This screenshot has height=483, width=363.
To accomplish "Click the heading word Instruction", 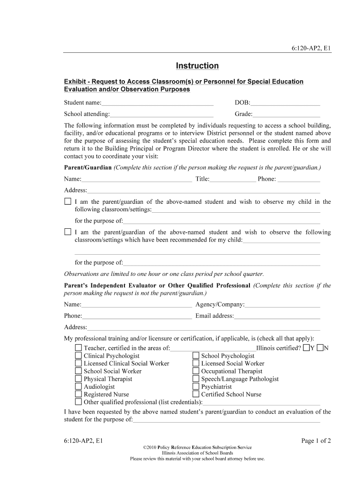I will click(197, 66).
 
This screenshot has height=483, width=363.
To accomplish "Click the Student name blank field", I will click(157, 103).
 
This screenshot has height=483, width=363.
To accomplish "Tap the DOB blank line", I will click(285, 103).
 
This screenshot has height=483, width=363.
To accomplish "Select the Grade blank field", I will click(286, 114).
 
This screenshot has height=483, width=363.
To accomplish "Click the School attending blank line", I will click(162, 114).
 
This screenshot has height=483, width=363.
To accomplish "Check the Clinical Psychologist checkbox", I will click(78, 356).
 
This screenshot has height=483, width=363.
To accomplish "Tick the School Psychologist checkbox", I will click(196, 356).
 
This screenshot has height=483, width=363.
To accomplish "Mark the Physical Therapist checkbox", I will click(78, 379).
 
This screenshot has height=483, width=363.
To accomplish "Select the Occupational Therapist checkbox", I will click(196, 371).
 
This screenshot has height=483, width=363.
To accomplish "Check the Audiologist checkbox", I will click(78, 387).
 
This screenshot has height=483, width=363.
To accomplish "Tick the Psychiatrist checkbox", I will click(196, 387).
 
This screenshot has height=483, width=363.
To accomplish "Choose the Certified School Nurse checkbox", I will click(196, 394).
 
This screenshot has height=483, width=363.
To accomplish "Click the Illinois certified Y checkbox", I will click(307, 348).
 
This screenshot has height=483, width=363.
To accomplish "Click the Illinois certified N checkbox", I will click(321, 348).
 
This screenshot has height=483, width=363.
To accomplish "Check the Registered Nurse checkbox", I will click(78, 394).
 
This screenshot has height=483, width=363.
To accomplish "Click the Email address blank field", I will click(277, 316).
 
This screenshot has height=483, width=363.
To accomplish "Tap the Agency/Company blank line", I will click(282, 305).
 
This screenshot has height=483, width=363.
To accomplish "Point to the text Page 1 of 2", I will click(316, 441).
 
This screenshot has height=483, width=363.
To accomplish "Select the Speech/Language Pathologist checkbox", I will click(196, 379).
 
